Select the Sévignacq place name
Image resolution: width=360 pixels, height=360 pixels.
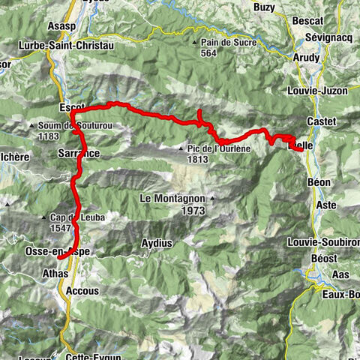coord(328,37)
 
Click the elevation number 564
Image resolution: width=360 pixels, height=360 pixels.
coord(208,53)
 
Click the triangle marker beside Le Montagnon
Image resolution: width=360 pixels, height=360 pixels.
coord(212,199)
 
